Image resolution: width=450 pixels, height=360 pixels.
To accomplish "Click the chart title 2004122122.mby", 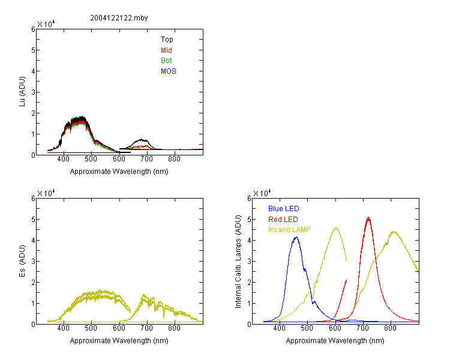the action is (119, 18).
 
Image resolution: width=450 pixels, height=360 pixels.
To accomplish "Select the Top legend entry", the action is (167, 40).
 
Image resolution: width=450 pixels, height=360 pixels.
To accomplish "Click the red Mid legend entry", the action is (166, 50).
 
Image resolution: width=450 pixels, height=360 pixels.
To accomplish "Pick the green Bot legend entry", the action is (166, 61).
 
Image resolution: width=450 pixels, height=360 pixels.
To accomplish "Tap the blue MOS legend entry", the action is (169, 71).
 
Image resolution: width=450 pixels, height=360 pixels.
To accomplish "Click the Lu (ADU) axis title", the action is (22, 92).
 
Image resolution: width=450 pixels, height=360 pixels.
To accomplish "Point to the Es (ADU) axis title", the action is (22, 261).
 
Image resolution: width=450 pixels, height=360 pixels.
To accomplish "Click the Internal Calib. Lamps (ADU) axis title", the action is (238, 262).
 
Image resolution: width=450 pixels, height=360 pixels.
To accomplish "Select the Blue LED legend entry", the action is (284, 209).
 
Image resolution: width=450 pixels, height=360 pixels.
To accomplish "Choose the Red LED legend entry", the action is (283, 220).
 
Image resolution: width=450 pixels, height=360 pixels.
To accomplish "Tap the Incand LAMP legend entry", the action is (289, 230).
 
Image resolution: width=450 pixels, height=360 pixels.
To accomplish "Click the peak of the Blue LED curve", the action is (296, 237).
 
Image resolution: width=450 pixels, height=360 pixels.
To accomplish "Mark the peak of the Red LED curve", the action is (368, 217).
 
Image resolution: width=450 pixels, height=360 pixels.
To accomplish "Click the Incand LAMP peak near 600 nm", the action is (336, 228).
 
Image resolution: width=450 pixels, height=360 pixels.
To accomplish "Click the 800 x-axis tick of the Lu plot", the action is (174, 159).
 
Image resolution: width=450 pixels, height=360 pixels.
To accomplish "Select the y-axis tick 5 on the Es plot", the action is (33, 220).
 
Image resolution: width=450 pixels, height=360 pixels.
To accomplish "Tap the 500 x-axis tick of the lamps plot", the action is (307, 328).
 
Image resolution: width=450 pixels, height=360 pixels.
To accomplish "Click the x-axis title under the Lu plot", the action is (119, 172).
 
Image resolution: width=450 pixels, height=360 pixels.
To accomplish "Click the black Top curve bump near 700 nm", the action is (141, 140).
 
